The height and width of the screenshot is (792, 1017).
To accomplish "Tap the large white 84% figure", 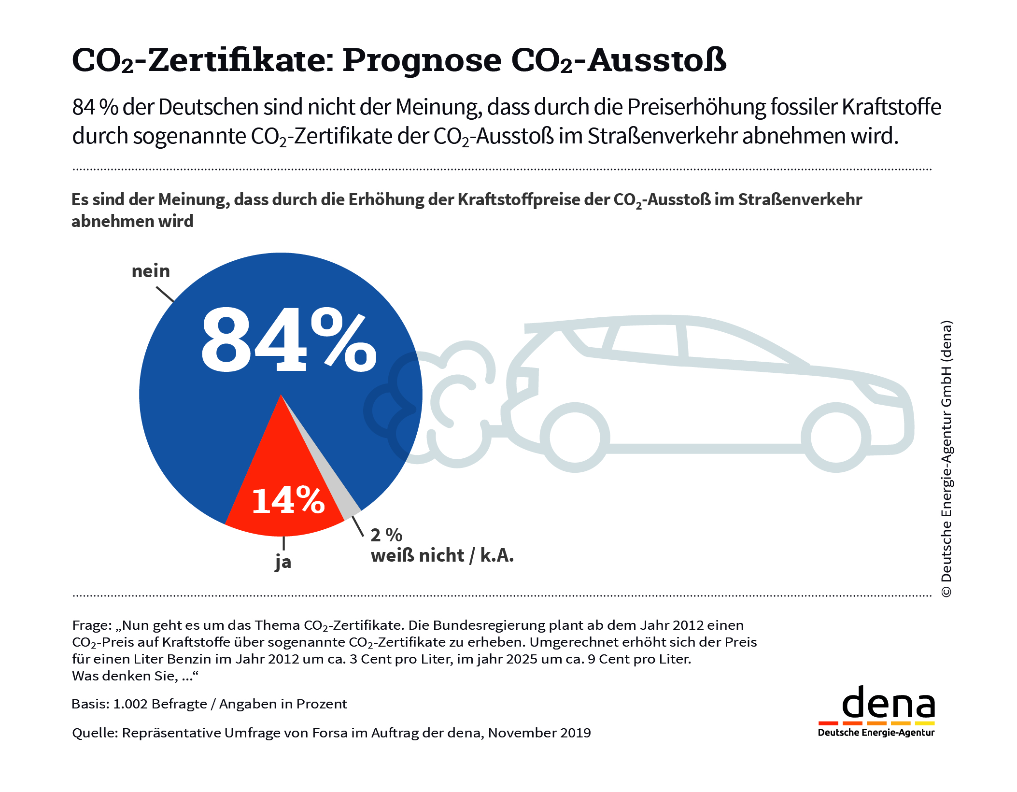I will click(x=288, y=340).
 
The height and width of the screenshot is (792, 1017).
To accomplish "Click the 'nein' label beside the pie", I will click(x=151, y=271).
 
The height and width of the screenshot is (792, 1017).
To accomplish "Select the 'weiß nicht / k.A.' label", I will click(x=442, y=556).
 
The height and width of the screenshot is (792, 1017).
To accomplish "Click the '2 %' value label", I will click(x=386, y=535).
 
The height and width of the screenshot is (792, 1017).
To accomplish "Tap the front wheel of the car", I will click(x=835, y=437).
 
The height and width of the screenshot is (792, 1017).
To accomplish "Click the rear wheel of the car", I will click(x=575, y=437).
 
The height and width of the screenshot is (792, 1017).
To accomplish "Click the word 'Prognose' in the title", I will click(x=423, y=60).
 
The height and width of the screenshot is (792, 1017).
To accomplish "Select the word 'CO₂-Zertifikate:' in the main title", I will click(x=203, y=60).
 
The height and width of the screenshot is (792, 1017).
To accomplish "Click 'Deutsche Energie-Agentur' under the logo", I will click(x=876, y=733).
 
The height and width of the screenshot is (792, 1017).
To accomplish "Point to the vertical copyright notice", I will click(x=946, y=459).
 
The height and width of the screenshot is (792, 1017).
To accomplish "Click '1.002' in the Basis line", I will click(x=130, y=704).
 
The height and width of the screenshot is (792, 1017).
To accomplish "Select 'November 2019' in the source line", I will click(x=539, y=733).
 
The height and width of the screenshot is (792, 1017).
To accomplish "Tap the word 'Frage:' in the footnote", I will click(x=92, y=625).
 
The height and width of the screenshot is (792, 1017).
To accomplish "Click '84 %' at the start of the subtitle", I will click(x=95, y=107).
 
